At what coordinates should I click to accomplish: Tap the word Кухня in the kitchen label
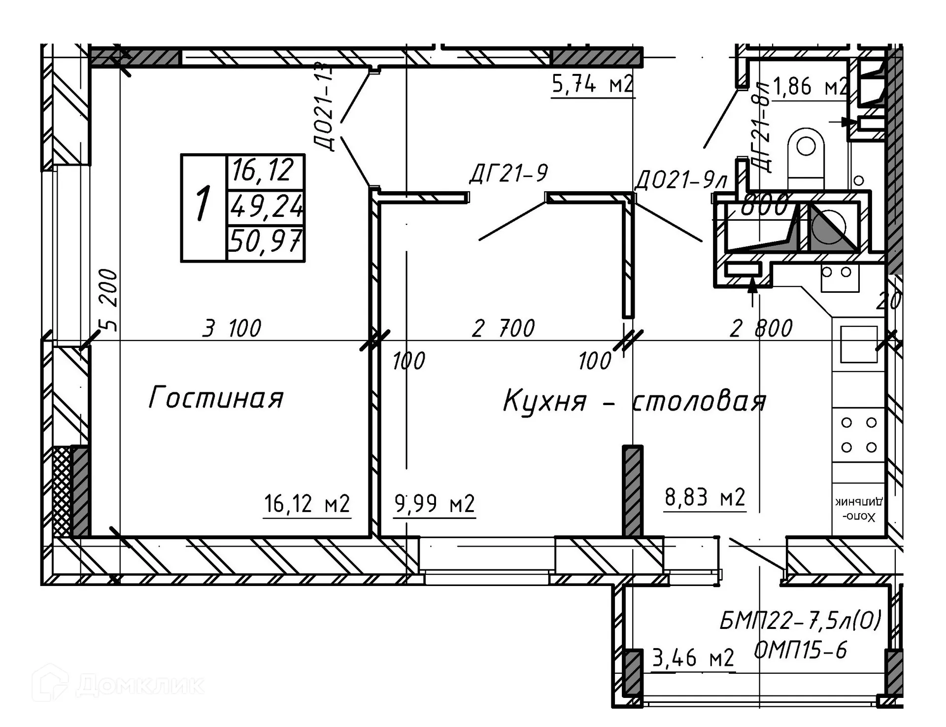pos(544,401)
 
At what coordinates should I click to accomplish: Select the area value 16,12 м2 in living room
pos(307,504)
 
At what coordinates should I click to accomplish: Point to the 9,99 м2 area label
pos(435,504)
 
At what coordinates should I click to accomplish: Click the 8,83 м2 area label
pos(705,497)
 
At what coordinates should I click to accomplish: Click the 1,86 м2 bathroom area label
pos(811,87)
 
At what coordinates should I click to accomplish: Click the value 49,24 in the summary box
pos(266,207)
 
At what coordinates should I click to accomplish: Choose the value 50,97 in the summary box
pos(266,242)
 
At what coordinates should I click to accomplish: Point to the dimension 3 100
pos(232,328)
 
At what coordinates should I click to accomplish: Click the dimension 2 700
pos(503,328)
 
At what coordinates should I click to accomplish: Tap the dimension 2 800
pos(761,328)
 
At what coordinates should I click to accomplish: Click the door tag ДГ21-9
pos(508,173)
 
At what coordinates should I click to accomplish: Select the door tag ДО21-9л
pos(680,180)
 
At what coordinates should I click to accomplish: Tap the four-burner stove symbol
pos(859,435)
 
